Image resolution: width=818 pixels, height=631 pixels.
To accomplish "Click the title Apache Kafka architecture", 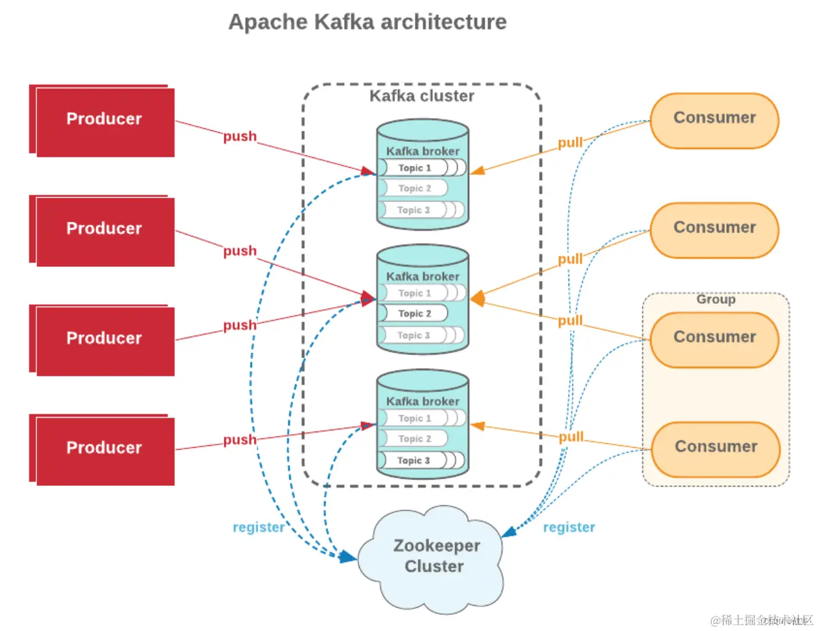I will tap(368, 22).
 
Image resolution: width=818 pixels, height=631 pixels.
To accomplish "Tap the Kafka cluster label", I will tap(422, 96).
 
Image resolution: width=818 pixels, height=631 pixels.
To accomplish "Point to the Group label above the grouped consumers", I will tap(716, 299).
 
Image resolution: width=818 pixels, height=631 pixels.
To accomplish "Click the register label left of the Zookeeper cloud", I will tap(259, 527).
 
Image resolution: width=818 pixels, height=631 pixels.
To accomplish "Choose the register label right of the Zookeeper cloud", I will tap(569, 527).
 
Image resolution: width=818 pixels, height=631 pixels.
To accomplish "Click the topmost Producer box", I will tap(104, 120).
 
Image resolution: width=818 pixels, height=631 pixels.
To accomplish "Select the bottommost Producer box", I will tap(104, 449).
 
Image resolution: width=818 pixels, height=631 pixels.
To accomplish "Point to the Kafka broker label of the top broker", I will tap(423, 151).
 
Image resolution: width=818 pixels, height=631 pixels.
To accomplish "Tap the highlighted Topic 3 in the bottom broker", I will tap(414, 460).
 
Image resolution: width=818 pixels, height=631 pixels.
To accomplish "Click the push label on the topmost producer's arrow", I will tap(240, 137).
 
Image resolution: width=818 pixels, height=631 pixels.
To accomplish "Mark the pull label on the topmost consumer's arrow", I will tap(570, 143).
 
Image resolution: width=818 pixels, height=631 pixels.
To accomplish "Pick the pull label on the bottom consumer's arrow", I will tap(571, 437).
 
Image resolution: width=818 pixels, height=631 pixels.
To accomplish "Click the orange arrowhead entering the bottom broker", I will tap(478, 426).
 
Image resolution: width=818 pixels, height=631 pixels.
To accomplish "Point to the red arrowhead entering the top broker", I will tap(369, 172).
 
